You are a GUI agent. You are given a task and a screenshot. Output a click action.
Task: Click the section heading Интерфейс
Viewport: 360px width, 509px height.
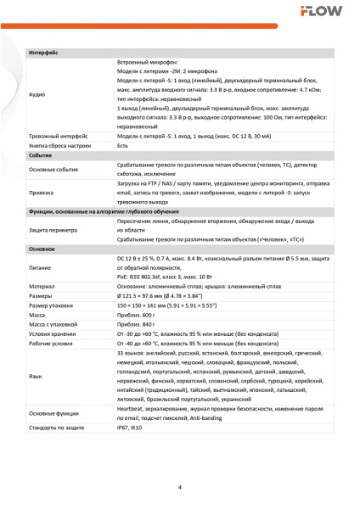(x=43, y=53)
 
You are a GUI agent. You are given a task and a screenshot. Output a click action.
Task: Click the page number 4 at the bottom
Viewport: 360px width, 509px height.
(x=179, y=486)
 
